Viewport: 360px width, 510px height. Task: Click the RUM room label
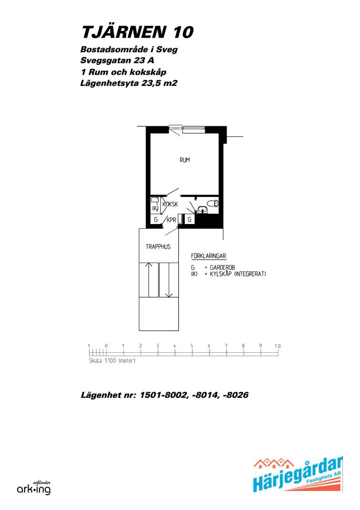click(x=185, y=160)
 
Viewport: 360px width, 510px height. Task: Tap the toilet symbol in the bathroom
click(x=212, y=204)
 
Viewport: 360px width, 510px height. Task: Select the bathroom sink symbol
click(x=202, y=210)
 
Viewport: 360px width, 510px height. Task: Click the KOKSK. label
click(x=170, y=204)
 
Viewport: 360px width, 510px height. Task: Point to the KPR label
click(x=171, y=220)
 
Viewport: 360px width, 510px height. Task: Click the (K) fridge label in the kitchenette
click(x=155, y=208)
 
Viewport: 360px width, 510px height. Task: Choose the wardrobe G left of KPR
click(x=156, y=220)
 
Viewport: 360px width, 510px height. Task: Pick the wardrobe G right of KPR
click(x=190, y=220)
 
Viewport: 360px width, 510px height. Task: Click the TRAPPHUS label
click(x=158, y=246)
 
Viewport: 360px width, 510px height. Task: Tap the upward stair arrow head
click(x=149, y=265)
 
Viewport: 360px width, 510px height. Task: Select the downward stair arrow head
click(x=169, y=295)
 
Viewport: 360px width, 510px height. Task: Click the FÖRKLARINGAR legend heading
click(x=209, y=256)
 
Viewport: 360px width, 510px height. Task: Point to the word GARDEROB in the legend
click(x=222, y=267)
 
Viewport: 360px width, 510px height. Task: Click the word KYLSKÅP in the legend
click(x=221, y=274)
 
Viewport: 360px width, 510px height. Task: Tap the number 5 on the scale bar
click(x=192, y=346)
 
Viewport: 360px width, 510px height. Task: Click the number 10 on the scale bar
click(x=277, y=346)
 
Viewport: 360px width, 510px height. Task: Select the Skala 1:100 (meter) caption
click(x=112, y=361)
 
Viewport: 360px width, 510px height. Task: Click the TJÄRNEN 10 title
click(x=138, y=32)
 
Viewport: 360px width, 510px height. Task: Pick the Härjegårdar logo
click(x=298, y=474)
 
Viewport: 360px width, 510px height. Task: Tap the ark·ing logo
click(x=34, y=488)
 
